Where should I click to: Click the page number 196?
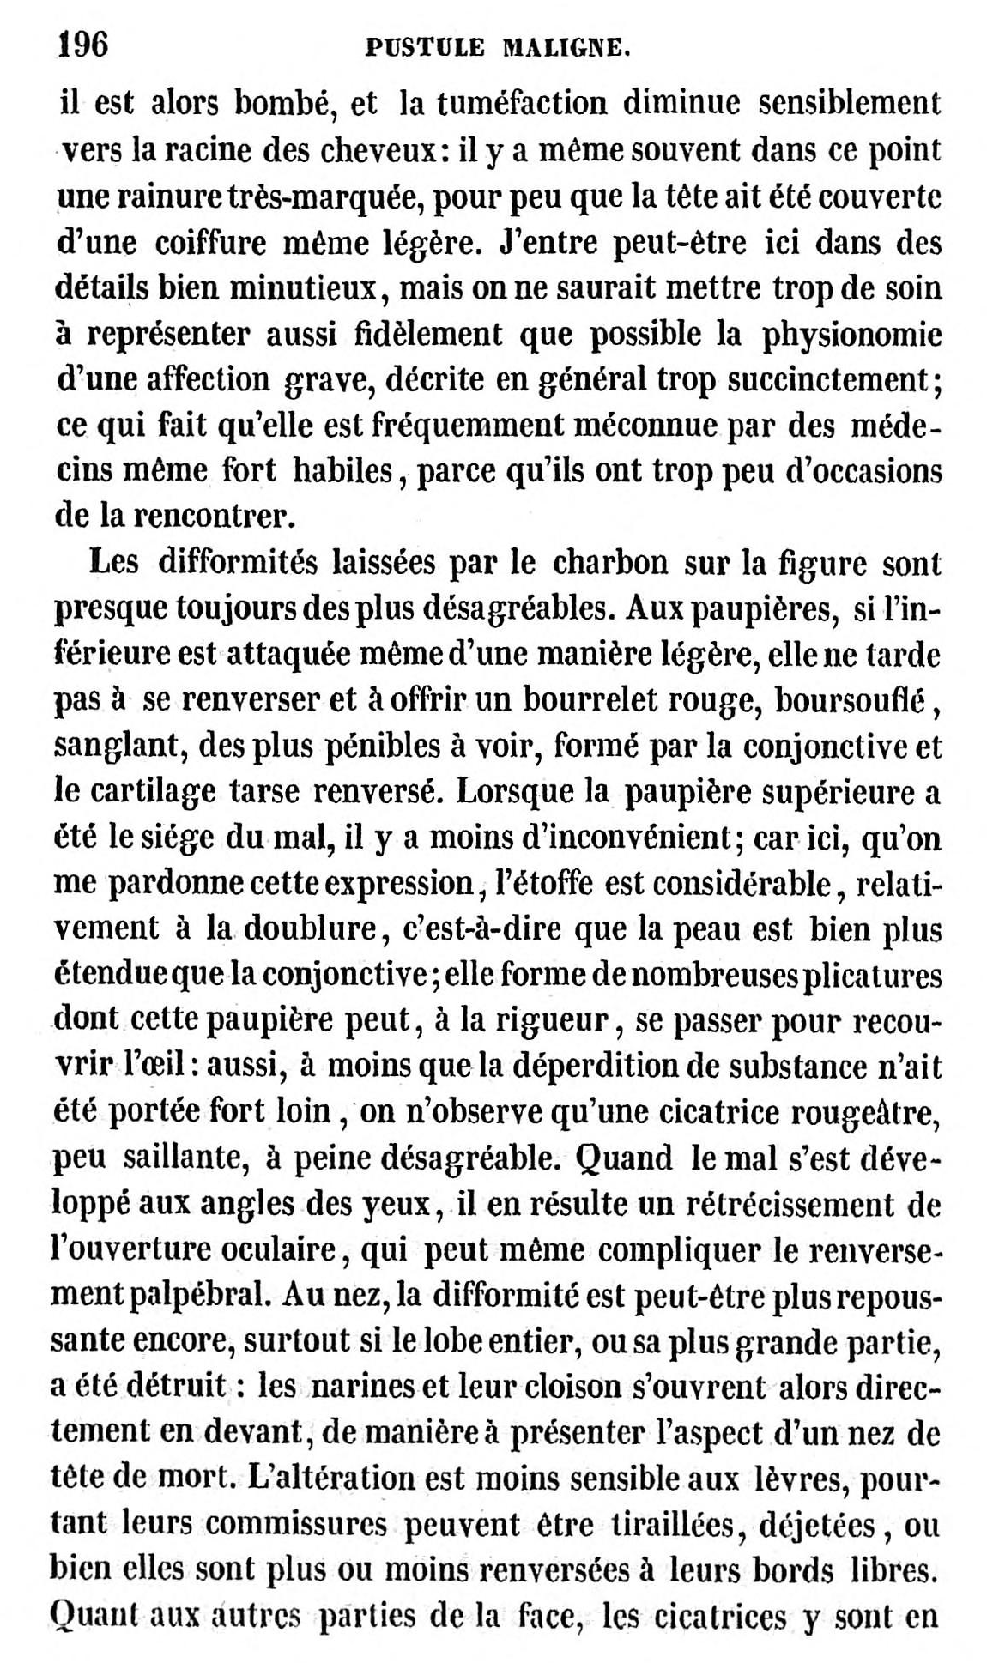(82, 43)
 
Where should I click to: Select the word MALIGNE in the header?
(566, 48)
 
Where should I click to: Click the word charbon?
(610, 565)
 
